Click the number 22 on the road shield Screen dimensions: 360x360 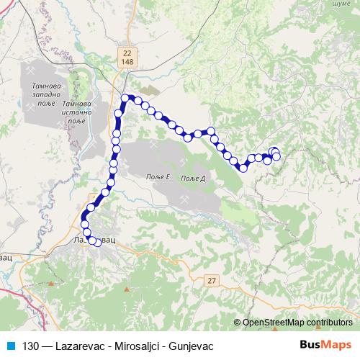click(x=127, y=53)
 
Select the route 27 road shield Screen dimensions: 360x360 click(x=209, y=280)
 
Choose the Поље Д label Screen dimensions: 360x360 click(x=194, y=178)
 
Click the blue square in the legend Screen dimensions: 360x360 click(x=9, y=345)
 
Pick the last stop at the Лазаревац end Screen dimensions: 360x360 click(x=98, y=241)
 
